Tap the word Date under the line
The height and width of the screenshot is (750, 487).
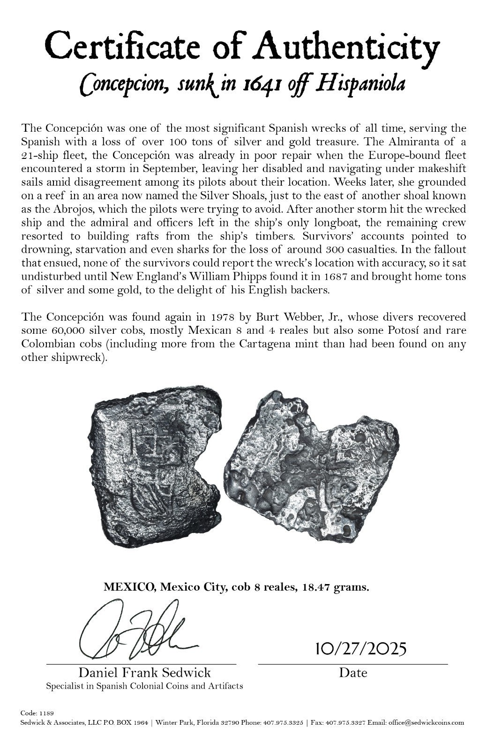[x=353, y=673]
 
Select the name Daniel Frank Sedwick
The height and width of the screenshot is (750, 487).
[x=144, y=673]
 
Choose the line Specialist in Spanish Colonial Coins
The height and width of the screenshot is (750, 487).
[x=144, y=686]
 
